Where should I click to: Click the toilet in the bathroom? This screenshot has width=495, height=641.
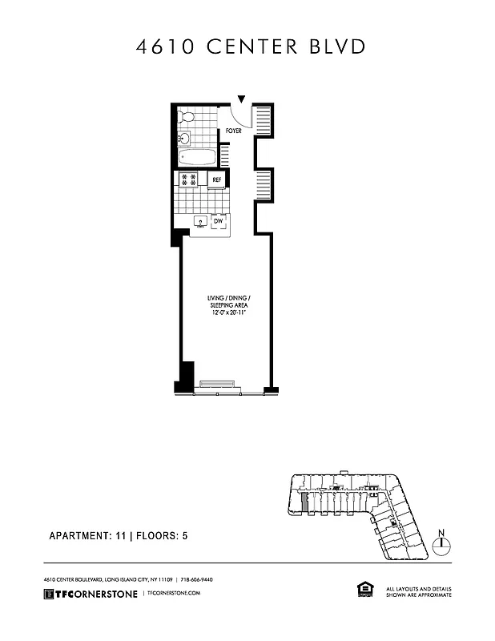(x=186, y=116)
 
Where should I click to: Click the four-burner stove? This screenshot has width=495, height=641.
(x=189, y=179)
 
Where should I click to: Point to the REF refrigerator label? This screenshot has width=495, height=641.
(x=216, y=180)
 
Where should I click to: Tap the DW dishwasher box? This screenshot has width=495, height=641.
(x=218, y=220)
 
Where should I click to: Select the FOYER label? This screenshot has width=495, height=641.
(x=233, y=129)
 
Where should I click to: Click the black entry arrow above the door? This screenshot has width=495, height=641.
(x=242, y=99)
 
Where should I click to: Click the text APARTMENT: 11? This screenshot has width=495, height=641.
(x=87, y=536)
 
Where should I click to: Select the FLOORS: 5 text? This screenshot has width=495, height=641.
(x=163, y=536)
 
